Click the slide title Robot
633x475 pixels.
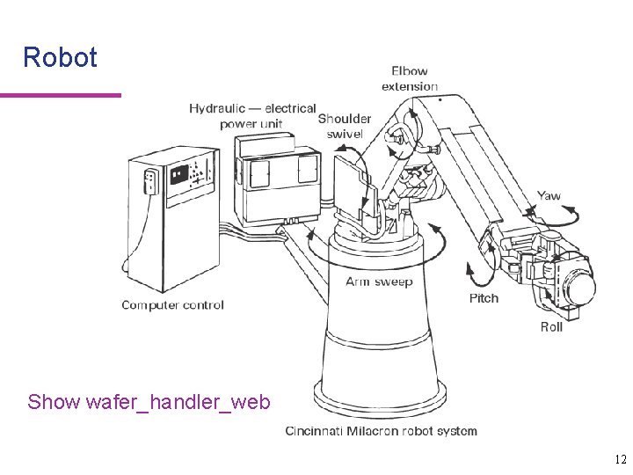60,58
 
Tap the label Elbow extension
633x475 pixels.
409,78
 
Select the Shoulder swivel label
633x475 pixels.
344,126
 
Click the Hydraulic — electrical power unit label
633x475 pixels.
251,115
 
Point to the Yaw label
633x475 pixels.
549,196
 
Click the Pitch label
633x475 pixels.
484,298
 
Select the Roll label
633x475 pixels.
551,327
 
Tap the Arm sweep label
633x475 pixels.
379,282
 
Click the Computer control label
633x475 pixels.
172,305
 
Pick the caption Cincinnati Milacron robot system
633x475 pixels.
381,431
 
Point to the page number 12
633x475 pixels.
621,459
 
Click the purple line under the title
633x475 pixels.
60,95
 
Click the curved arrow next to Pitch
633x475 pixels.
477,273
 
